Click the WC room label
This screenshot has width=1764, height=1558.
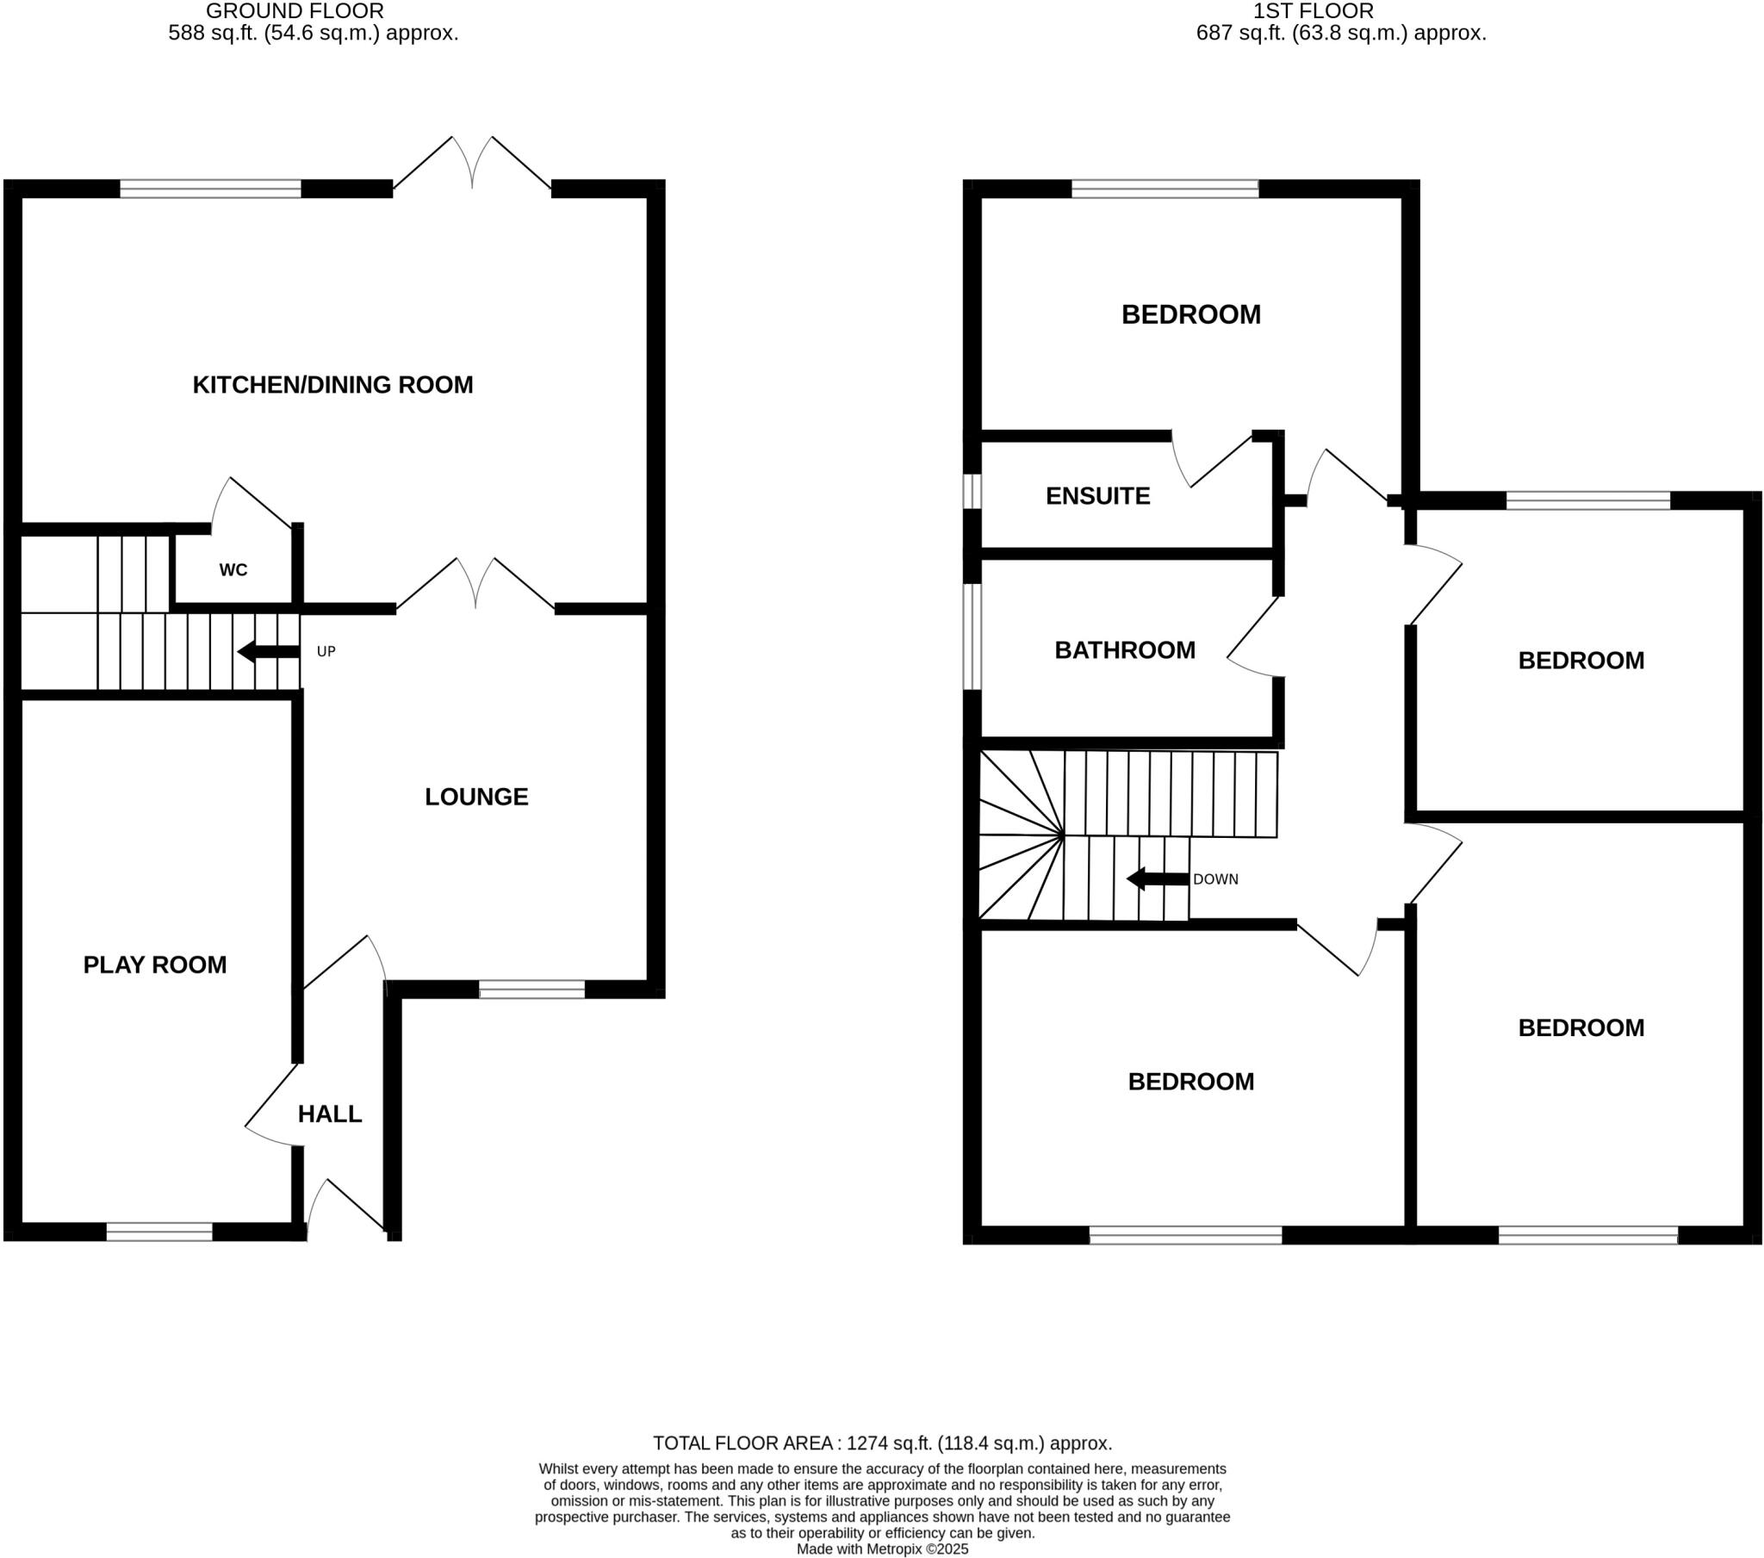[x=233, y=570]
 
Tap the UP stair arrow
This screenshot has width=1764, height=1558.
[x=269, y=652]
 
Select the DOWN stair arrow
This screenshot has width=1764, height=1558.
[x=1158, y=879]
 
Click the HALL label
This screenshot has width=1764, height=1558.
[x=330, y=1114]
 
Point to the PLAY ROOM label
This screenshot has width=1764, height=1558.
[x=154, y=965]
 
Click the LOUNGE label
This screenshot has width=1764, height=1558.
[x=476, y=797]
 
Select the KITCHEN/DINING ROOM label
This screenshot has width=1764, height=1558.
[x=332, y=385]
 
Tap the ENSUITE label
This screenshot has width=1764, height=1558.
[x=1097, y=496]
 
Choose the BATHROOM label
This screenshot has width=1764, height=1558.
[x=1125, y=650]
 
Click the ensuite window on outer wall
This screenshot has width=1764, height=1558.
[x=972, y=491]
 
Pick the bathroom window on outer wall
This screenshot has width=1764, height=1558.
[x=972, y=637]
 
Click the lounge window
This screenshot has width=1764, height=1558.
[x=531, y=990]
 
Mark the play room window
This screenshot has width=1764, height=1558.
[x=159, y=1232]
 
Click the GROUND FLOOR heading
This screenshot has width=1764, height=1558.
[x=295, y=11]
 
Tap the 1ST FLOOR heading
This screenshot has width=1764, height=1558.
[x=1314, y=11]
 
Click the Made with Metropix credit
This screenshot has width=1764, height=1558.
[x=882, y=1549]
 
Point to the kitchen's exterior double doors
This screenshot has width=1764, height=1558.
[x=472, y=168]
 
